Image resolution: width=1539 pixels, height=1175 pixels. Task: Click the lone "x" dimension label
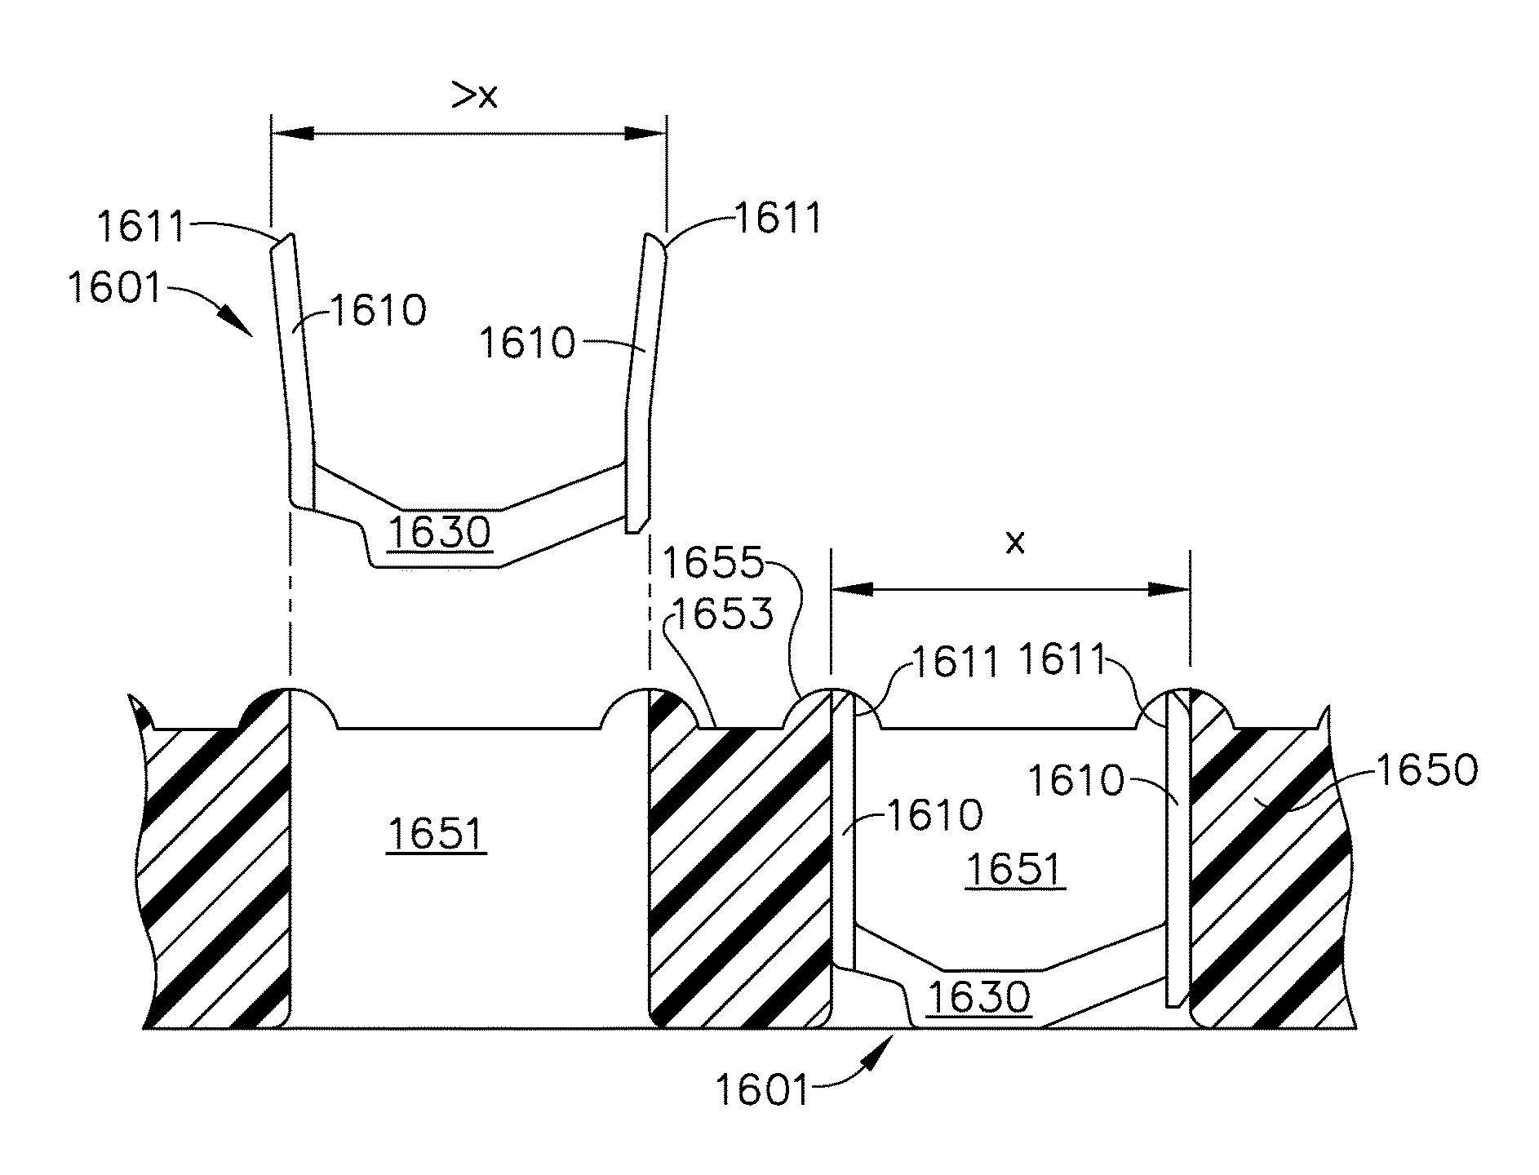click(1014, 543)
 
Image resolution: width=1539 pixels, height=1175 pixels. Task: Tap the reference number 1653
click(721, 613)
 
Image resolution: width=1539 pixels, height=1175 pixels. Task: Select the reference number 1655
click(713, 563)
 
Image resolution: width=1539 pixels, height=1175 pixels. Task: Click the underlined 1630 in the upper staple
click(441, 532)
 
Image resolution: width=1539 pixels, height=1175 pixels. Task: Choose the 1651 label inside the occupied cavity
click(1014, 870)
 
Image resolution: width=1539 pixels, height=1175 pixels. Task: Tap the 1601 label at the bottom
click(762, 1089)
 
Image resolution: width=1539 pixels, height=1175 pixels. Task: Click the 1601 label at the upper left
click(115, 288)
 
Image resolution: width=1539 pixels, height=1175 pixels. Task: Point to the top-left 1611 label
click(141, 226)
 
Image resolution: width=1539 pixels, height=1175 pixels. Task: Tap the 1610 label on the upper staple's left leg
click(378, 311)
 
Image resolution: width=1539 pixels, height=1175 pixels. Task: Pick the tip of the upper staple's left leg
click(282, 237)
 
